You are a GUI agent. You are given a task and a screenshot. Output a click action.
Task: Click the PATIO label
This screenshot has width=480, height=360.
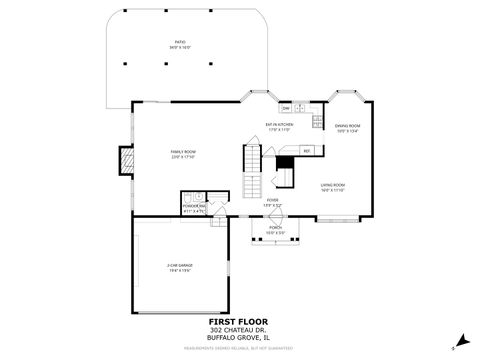click(180, 45)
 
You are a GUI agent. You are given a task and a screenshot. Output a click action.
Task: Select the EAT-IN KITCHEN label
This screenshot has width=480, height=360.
click(278, 127)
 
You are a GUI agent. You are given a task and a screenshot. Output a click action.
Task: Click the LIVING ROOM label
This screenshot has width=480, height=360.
click(333, 187)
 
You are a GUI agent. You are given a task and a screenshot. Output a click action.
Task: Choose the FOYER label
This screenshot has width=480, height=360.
click(272, 202)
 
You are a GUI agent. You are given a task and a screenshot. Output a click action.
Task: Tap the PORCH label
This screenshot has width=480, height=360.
click(274, 230)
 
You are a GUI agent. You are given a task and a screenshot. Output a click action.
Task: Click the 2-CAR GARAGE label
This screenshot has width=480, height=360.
click(180, 267)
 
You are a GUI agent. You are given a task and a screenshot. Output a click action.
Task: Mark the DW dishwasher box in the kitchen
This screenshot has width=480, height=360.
click(285, 107)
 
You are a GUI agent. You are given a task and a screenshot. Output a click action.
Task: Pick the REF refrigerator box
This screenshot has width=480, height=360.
click(307, 150)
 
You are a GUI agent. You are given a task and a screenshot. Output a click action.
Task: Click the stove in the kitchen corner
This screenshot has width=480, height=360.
click(316, 122)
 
